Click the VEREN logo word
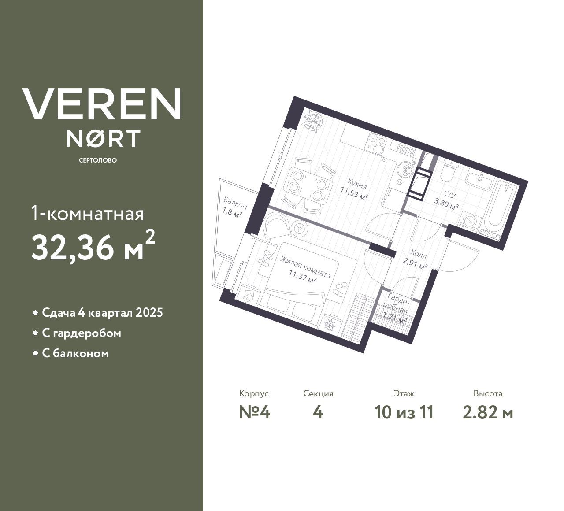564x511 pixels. (102, 104)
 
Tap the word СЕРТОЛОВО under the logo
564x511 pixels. (98, 160)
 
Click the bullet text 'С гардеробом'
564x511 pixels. (82, 333)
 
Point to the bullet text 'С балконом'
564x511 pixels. (75, 354)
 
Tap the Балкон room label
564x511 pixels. (235, 203)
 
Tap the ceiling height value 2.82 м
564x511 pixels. (488, 413)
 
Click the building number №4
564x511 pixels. (254, 413)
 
